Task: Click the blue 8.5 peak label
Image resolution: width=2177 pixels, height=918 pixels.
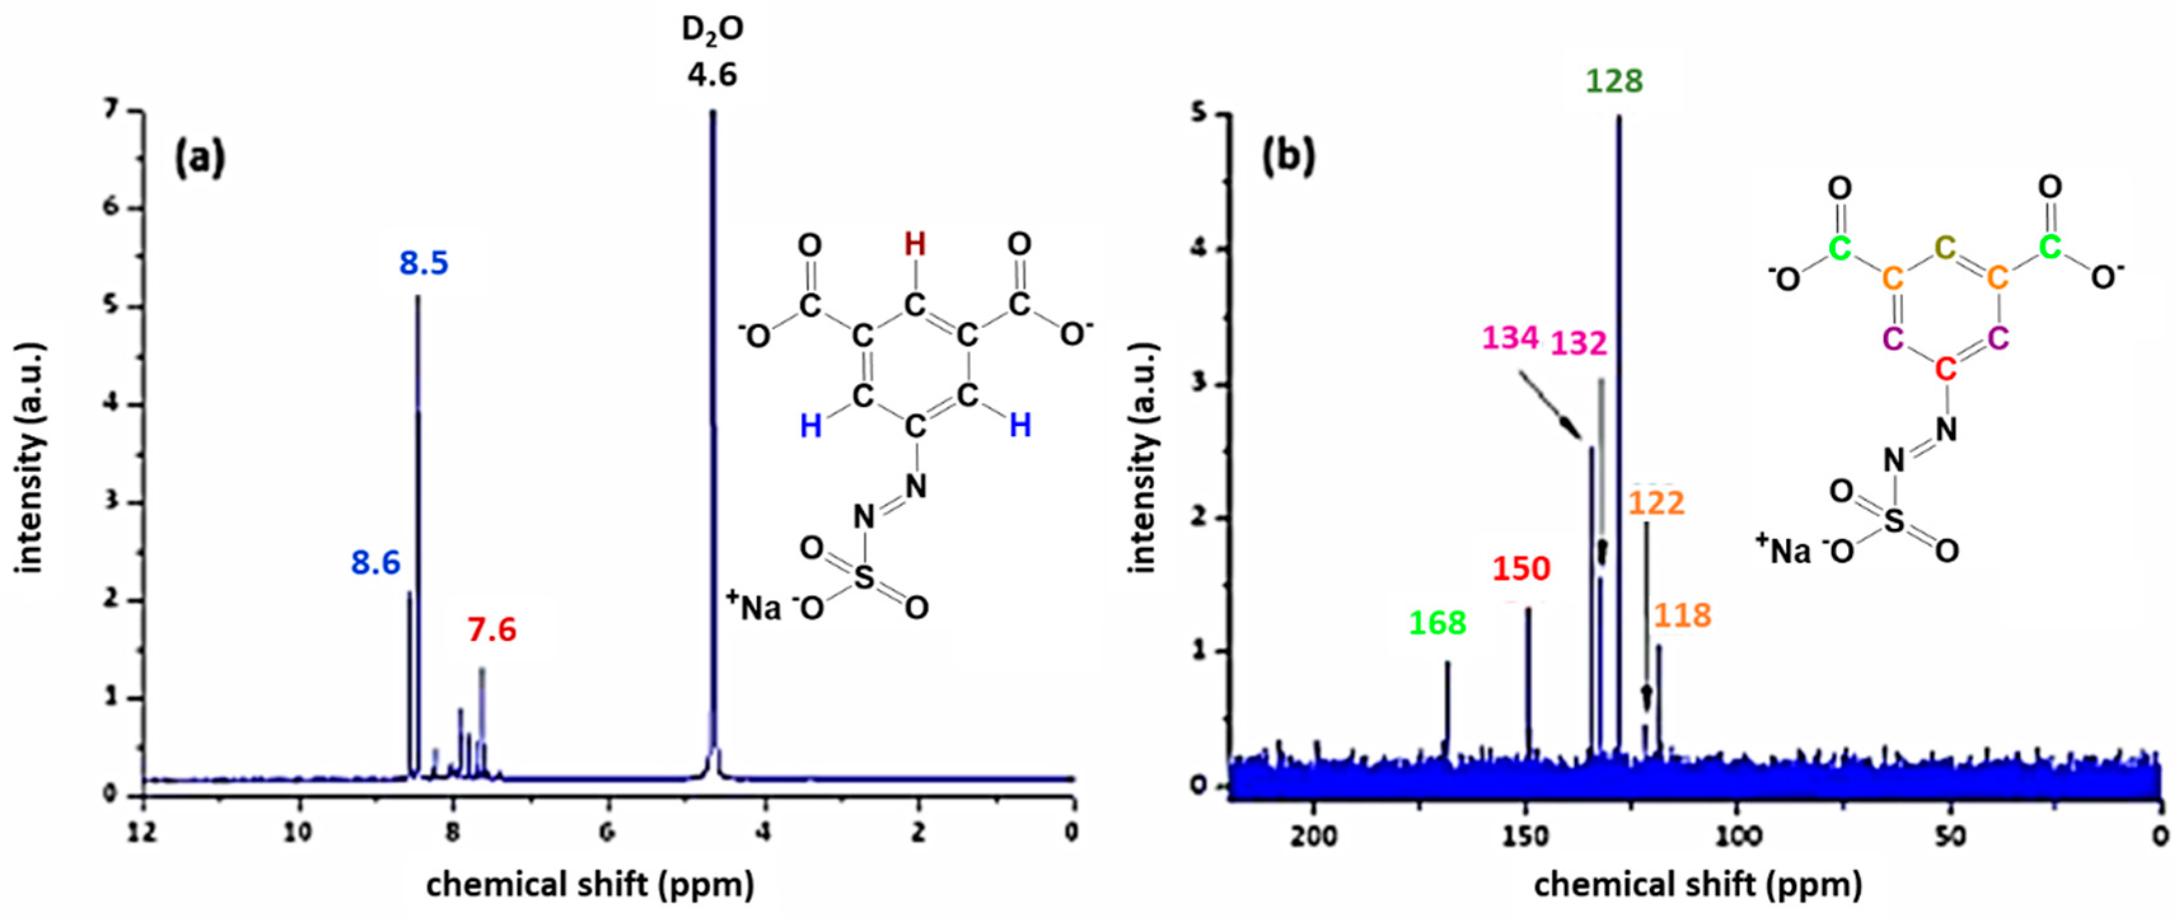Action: [x=423, y=264]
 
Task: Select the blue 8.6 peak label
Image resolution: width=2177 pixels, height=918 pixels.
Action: [x=376, y=562]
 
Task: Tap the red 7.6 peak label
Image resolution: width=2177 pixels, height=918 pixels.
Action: [x=492, y=630]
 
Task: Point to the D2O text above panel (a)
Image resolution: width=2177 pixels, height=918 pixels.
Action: [x=713, y=31]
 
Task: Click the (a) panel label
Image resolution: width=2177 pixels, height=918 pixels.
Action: [x=200, y=158]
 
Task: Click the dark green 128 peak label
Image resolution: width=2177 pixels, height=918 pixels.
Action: [x=1614, y=81]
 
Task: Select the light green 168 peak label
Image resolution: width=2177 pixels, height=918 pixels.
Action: [x=1438, y=623]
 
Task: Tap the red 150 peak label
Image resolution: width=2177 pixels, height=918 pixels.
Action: [x=1521, y=569]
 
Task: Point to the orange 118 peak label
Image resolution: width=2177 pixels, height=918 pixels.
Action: [x=1682, y=615]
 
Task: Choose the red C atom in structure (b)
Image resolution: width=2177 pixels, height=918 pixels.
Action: [x=1946, y=369]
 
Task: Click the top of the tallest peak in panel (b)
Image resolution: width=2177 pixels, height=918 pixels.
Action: [x=1618, y=116]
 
